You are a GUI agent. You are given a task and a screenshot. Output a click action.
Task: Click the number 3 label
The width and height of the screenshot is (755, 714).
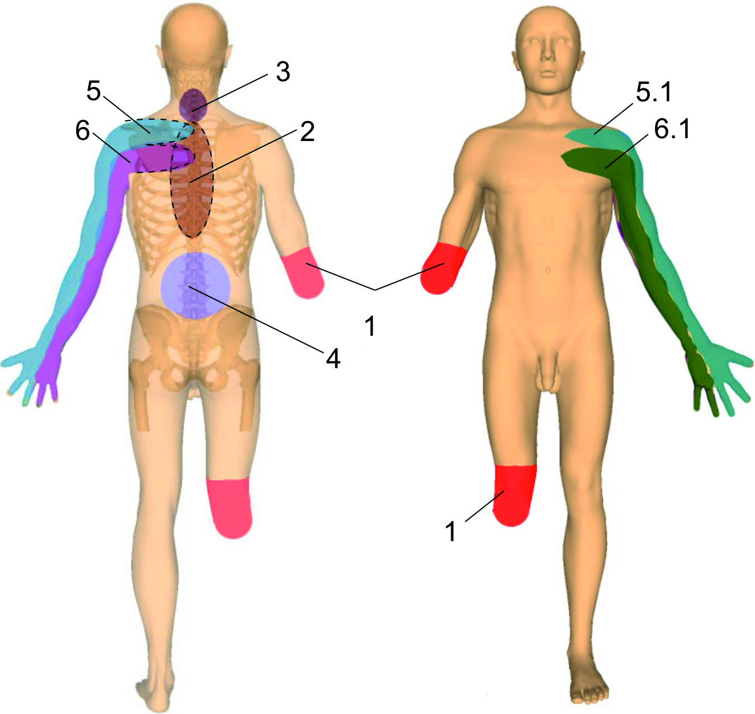pos(282,71)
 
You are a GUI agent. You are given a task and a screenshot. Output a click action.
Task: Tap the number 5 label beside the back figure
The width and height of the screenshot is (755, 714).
pos(95,91)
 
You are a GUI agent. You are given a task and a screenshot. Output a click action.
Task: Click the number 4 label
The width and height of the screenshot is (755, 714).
pos(333,359)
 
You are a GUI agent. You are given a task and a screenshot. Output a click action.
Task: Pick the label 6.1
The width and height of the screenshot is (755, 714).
pos(672,130)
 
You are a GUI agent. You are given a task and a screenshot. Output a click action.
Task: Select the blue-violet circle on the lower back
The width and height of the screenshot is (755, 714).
pos(196,285)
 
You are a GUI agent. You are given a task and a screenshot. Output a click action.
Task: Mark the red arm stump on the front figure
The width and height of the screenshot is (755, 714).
pos(443,268)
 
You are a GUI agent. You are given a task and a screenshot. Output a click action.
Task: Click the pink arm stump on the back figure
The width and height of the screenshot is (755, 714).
pos(303,273)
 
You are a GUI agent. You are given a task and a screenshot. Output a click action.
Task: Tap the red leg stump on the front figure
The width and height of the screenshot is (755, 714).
pos(513,495)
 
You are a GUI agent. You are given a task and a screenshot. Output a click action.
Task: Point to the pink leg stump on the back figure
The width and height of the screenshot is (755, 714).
pos(230,508)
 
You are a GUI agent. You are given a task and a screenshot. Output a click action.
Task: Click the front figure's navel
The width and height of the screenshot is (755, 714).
pos(548,270)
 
